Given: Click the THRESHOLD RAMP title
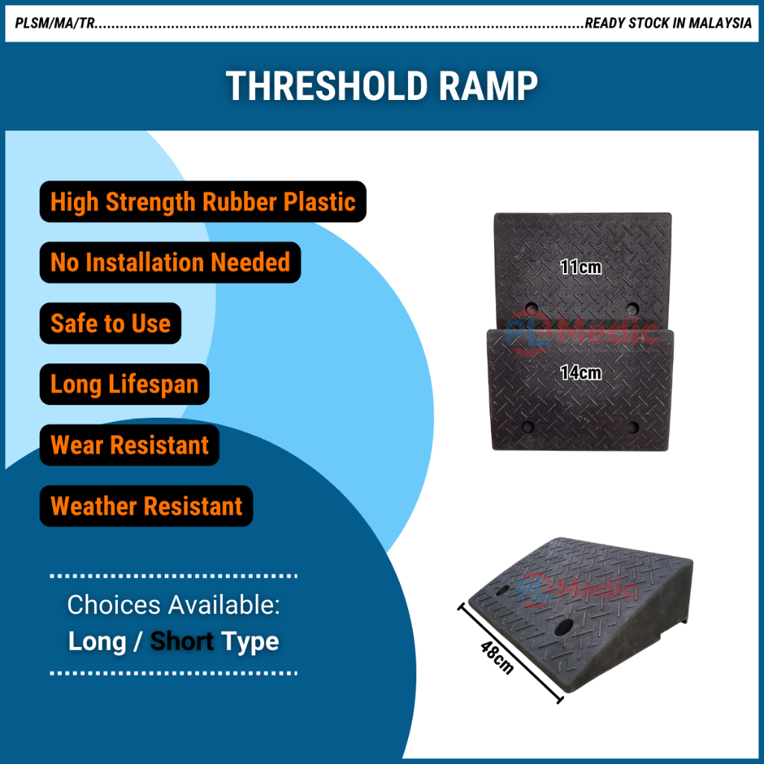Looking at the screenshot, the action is tap(381, 87).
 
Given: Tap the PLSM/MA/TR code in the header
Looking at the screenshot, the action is tap(54, 23).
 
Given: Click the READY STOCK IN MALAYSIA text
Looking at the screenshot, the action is tap(668, 23).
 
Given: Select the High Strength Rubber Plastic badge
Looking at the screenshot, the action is tap(203, 201).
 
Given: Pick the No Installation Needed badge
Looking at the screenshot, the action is tap(170, 262).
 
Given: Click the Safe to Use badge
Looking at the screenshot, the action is tap(110, 323).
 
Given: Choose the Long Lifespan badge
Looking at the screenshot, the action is tap(125, 384).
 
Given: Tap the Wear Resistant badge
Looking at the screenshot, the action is tap(129, 445).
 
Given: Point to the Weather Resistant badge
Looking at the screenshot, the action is tap(146, 506).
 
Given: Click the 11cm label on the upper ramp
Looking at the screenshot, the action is tap(580, 267).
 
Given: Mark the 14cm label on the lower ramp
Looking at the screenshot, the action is tap(580, 373).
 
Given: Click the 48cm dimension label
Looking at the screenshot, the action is tap(497, 657).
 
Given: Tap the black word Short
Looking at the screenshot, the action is tap(182, 641).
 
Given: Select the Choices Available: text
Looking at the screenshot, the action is tap(173, 604).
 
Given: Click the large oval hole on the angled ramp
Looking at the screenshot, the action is tap(564, 627).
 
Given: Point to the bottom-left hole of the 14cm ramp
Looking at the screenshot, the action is tap(527, 428).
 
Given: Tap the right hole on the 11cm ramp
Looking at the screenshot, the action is tap(633, 308).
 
